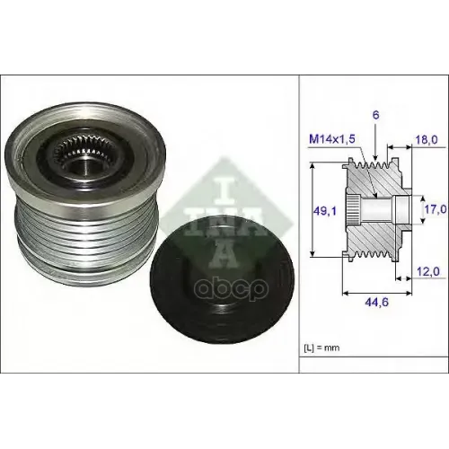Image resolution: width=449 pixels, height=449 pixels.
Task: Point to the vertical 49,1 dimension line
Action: coord(311,212)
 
